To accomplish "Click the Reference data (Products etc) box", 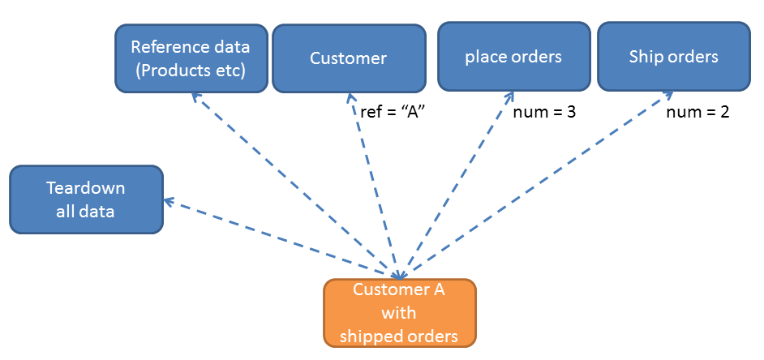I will (x=191, y=58).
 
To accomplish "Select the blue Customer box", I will (x=349, y=58).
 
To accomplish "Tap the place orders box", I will (x=513, y=57).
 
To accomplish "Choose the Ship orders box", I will (x=673, y=57).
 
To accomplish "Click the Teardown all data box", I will (x=86, y=199).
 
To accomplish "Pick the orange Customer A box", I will (x=399, y=313).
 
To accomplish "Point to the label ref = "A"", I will (x=393, y=112).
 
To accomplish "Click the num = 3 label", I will (x=545, y=112).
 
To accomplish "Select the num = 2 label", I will (x=697, y=112).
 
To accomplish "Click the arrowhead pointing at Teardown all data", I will (x=168, y=200).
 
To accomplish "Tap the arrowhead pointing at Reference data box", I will (x=195, y=96).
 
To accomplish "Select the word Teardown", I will (x=86, y=188).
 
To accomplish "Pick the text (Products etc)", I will (x=191, y=70).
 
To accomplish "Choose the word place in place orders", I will (x=483, y=57).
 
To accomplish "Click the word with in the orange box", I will (x=399, y=313).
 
